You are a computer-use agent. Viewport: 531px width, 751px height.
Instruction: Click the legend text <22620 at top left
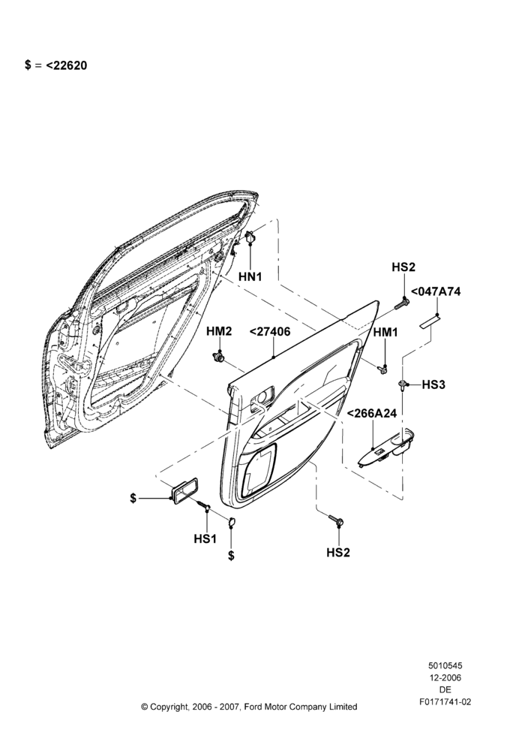pyautogui.click(x=67, y=65)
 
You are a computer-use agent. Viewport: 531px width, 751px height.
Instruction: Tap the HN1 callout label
pyautogui.click(x=250, y=277)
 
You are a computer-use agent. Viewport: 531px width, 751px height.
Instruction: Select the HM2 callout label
pyautogui.click(x=219, y=331)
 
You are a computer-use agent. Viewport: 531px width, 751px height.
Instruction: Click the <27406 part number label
pyautogui.click(x=270, y=331)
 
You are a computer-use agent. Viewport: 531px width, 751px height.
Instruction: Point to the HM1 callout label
pyautogui.click(x=385, y=332)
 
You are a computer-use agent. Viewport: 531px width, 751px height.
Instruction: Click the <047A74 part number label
pyautogui.click(x=435, y=291)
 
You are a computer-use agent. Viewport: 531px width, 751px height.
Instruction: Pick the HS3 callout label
pyautogui.click(x=433, y=385)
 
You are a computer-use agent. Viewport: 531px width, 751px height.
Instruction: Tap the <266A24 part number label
pyautogui.click(x=372, y=413)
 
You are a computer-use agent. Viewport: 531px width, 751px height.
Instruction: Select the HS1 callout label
pyautogui.click(x=205, y=538)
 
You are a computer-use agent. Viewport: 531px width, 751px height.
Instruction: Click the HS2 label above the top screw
pyautogui.click(x=403, y=267)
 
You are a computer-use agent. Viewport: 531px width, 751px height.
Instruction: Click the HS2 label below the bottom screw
pyautogui.click(x=338, y=552)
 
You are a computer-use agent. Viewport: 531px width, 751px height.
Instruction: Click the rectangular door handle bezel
pyautogui.click(x=185, y=492)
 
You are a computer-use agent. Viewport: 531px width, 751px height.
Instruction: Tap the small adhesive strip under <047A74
pyautogui.click(x=430, y=321)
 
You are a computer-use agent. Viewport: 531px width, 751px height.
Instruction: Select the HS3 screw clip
pyautogui.click(x=403, y=385)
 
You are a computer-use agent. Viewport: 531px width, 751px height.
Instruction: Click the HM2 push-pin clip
pyautogui.click(x=218, y=357)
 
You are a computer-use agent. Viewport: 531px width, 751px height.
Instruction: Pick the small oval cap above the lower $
pyautogui.click(x=231, y=522)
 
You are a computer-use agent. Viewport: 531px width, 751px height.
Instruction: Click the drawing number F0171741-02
pyautogui.click(x=445, y=702)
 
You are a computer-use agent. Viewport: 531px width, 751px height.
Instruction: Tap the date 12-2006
pyautogui.click(x=445, y=677)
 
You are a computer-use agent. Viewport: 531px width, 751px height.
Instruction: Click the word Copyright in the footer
pyautogui.click(x=169, y=707)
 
